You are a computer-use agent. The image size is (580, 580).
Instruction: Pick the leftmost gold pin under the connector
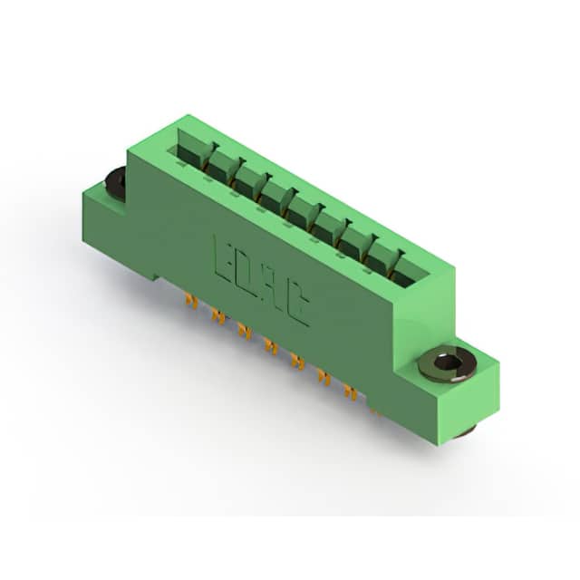(x=191, y=301)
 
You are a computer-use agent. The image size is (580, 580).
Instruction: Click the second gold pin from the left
(x=218, y=317)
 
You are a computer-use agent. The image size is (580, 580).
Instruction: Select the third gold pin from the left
(x=244, y=330)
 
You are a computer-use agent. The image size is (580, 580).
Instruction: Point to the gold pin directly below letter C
(x=298, y=362)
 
